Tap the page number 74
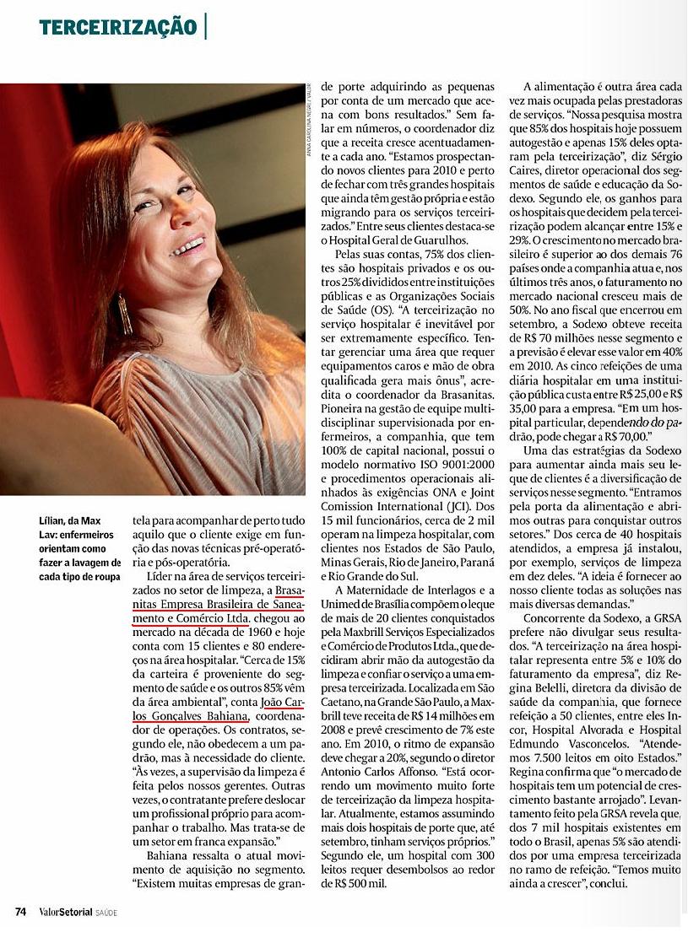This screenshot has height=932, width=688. (21, 912)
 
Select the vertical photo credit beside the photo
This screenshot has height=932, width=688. (309, 119)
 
